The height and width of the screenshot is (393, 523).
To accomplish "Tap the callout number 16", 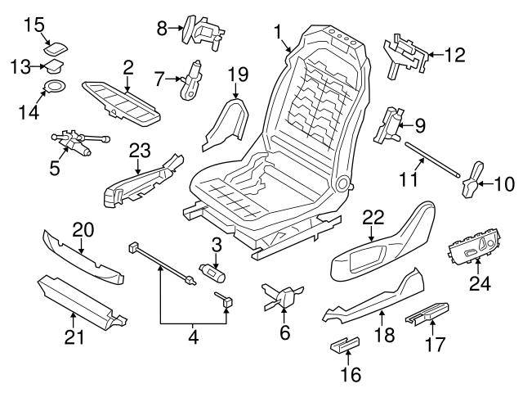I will tap(349, 375).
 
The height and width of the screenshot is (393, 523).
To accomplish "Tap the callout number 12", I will tap(454, 56).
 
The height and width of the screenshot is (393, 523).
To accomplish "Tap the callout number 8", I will tap(162, 29).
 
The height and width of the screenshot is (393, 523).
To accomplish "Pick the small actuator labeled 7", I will tap(193, 79).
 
